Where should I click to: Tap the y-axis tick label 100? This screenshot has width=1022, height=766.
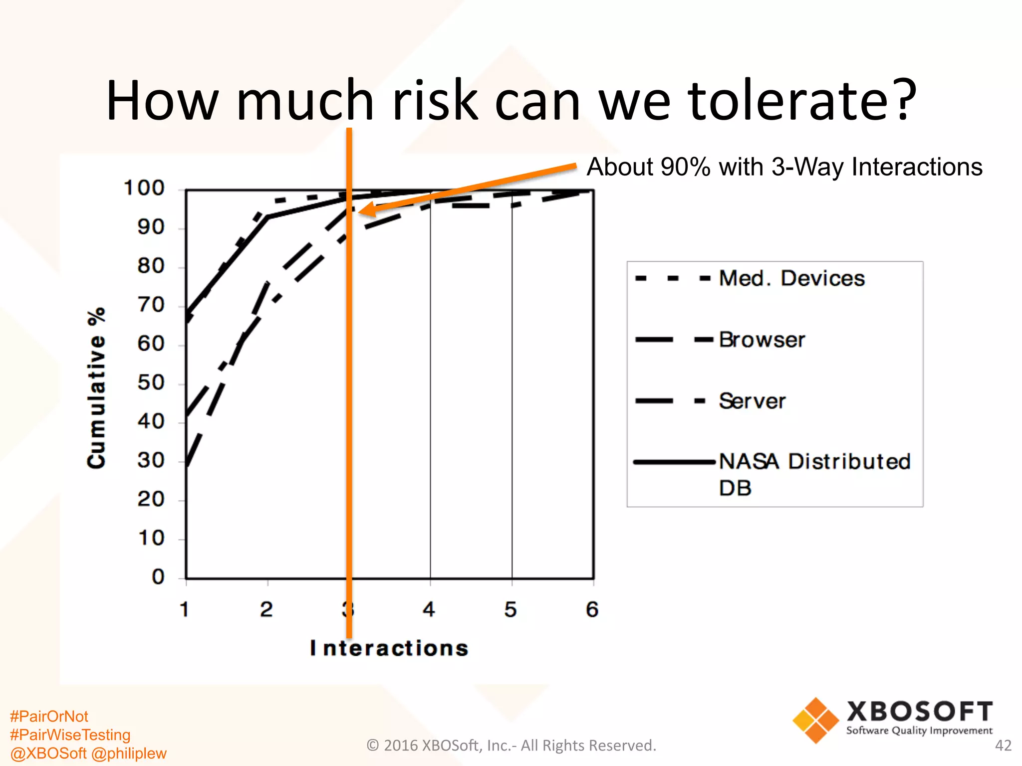point(144,189)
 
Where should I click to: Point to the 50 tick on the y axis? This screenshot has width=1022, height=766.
point(151,383)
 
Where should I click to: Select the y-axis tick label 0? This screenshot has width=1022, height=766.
point(158,577)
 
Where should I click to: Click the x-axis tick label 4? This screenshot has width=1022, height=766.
point(429,609)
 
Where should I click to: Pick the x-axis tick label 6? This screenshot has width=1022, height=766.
point(592,609)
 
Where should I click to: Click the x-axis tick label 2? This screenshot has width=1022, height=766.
point(266,609)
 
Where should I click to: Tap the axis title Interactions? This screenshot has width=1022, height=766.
point(389,648)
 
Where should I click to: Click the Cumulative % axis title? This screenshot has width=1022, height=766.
point(96,388)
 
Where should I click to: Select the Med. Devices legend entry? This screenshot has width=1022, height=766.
point(791,278)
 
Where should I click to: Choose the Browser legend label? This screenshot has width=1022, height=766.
point(762,340)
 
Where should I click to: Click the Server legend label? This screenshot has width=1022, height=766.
point(752,401)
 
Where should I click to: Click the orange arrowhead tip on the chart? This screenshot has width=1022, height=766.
point(360,211)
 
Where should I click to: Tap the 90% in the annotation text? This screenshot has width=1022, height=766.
point(685,167)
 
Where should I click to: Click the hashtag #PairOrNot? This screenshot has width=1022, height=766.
point(49,717)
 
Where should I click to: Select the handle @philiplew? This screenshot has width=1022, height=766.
point(129,754)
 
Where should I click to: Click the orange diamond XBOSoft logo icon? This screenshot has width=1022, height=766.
point(815,720)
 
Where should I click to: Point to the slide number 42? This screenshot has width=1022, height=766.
point(1003,746)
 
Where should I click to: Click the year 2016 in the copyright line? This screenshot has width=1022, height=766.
point(401,746)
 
